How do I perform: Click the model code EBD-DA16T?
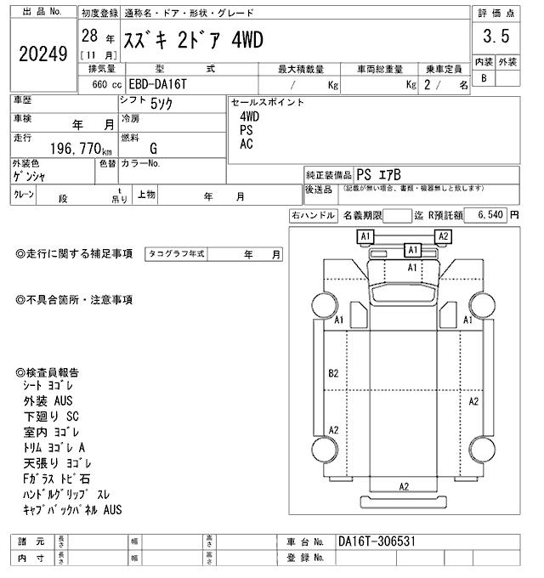click(153, 85)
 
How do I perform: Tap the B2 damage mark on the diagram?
click(333, 373)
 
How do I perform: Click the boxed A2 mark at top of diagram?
click(443, 236)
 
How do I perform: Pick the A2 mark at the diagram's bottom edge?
click(405, 486)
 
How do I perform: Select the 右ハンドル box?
click(313, 216)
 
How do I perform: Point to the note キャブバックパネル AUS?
click(74, 510)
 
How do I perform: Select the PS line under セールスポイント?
click(246, 130)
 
